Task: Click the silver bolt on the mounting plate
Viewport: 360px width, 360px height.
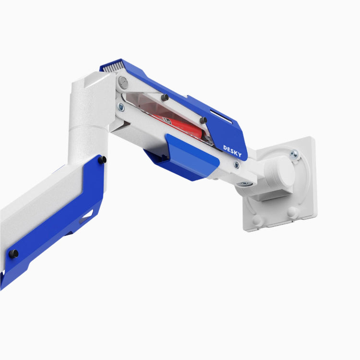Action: [x=294, y=154]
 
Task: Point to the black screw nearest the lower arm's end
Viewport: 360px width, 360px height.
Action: [x=14, y=253]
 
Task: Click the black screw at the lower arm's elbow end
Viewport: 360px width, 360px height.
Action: [x=102, y=159]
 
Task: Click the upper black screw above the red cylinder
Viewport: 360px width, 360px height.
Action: [x=165, y=97]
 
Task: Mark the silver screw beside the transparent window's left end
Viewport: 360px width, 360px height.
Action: [x=120, y=108]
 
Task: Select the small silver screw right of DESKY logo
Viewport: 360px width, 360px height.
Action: [x=237, y=165]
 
